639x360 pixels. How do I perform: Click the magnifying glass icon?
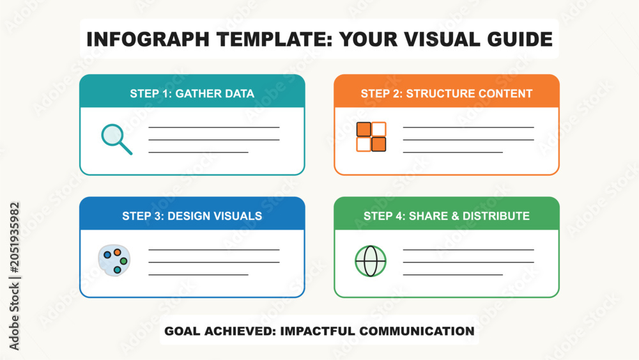(x=116, y=139)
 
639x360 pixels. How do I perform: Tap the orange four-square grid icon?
(x=371, y=137)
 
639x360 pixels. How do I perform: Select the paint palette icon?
(x=114, y=260)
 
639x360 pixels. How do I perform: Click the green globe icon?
(x=371, y=261)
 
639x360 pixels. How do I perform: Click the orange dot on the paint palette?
(x=118, y=253)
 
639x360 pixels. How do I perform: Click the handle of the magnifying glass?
(x=125, y=148)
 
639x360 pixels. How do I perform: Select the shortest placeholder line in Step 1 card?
(x=199, y=152)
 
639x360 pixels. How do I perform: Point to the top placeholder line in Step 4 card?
(x=468, y=249)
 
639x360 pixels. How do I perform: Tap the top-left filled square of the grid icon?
(x=364, y=129)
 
